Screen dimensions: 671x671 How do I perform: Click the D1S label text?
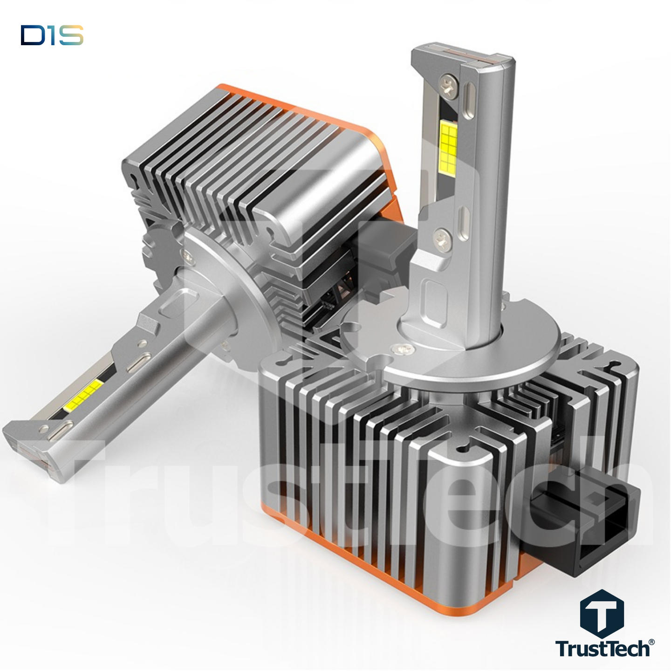pos(52,35)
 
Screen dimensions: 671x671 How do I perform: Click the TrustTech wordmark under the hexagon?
pos(602,648)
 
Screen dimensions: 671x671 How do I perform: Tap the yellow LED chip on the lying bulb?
pos(84,395)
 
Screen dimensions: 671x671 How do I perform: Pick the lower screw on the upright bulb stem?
pos(442,239)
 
